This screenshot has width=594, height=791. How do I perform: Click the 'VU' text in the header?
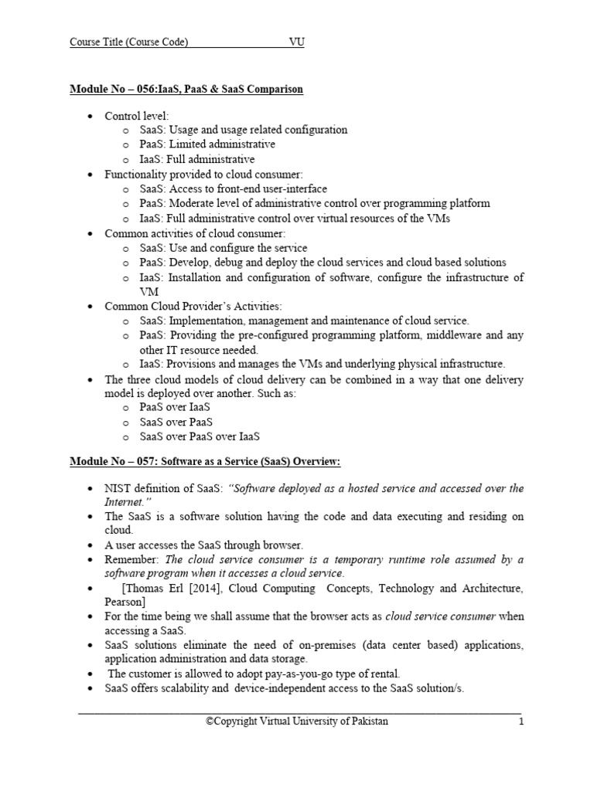tap(296, 42)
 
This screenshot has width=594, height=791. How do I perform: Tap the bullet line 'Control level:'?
tap(136, 115)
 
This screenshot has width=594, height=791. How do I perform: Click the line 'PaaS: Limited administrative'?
tap(207, 144)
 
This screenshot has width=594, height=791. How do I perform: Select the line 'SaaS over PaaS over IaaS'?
tap(200, 436)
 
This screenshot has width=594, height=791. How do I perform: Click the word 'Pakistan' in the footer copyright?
tap(367, 721)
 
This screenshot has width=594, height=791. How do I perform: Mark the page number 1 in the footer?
tap(521, 721)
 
